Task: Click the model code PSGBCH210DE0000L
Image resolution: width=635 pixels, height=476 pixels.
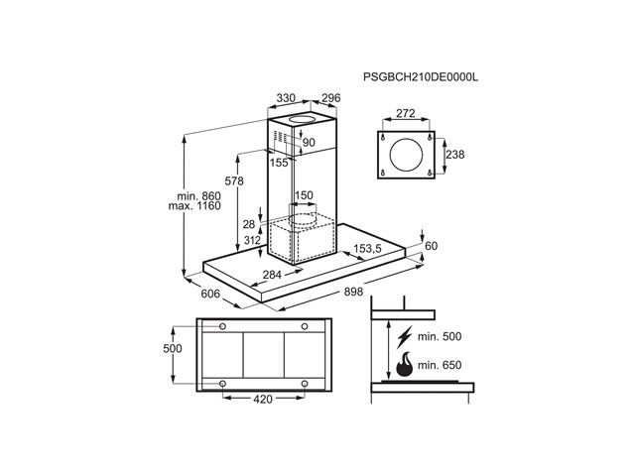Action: click(x=421, y=77)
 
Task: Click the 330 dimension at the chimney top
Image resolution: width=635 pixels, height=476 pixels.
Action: click(x=286, y=98)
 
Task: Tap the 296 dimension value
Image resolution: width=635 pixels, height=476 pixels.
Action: click(x=330, y=98)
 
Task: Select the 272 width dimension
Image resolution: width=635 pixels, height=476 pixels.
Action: click(x=406, y=113)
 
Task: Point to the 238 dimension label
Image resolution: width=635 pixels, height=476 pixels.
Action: click(x=455, y=155)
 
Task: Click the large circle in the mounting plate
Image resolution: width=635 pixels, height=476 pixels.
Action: click(x=406, y=155)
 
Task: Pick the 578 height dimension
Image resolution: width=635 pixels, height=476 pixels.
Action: click(x=234, y=180)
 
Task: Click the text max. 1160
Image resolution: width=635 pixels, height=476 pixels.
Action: click(x=194, y=206)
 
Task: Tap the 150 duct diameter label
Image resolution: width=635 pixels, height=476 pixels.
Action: click(x=305, y=195)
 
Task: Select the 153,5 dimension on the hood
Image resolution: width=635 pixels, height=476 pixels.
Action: click(x=368, y=249)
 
